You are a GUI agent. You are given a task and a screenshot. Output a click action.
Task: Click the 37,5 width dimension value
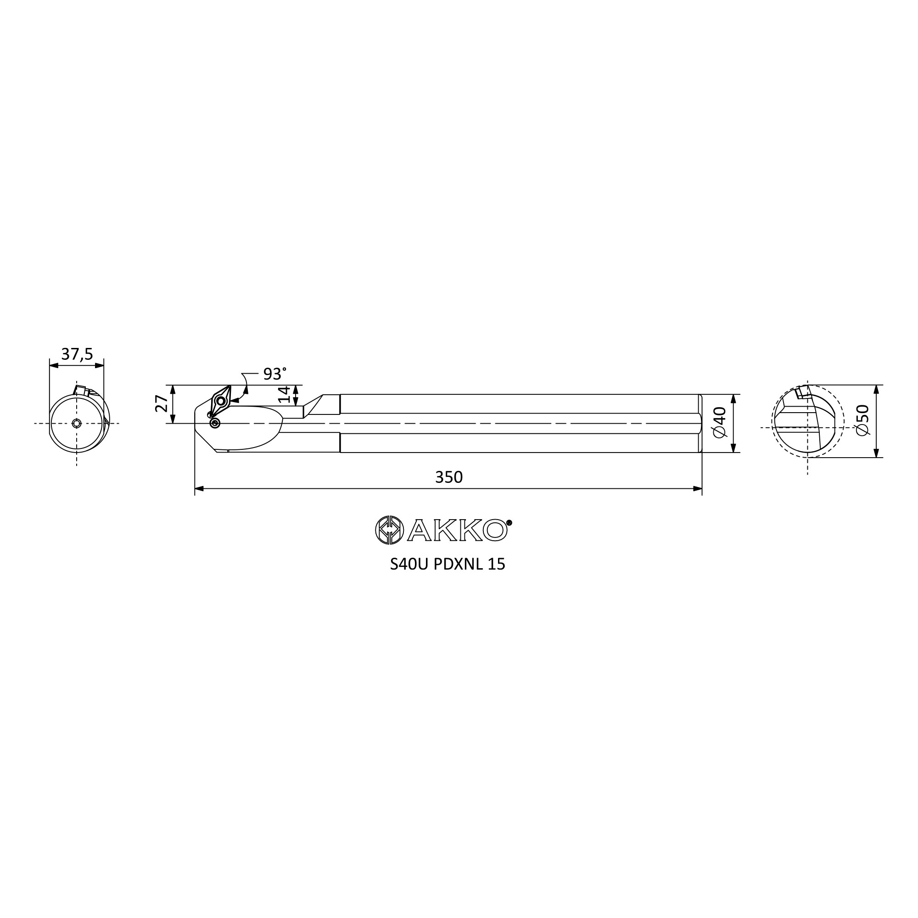click(x=77, y=354)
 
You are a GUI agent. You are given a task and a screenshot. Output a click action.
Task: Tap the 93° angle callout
click(x=274, y=374)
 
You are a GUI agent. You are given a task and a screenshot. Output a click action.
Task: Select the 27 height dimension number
click(x=162, y=403)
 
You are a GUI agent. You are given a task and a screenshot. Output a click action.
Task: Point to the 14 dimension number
click(x=284, y=394)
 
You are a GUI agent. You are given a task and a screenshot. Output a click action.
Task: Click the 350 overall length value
click(x=448, y=477)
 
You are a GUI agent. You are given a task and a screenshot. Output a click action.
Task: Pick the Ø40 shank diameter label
click(x=719, y=422)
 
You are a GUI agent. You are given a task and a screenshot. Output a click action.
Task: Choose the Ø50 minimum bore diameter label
click(x=862, y=420)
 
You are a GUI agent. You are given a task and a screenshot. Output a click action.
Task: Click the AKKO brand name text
click(x=457, y=530)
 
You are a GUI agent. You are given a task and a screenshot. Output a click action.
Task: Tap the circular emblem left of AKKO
click(x=390, y=530)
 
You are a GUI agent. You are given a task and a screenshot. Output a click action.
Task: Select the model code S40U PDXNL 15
click(x=448, y=564)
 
